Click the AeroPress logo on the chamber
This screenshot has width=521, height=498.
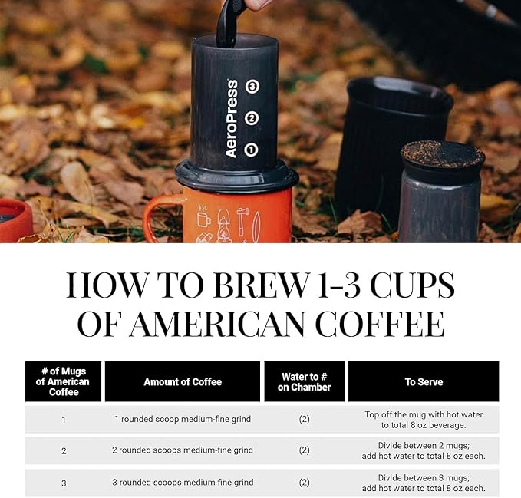pos(232,119)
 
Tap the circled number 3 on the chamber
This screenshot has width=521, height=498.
pos(252,87)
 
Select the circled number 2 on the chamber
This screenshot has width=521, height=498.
pos(252,119)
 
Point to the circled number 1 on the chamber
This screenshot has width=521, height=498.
pos(252,150)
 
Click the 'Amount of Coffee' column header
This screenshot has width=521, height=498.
pos(183,381)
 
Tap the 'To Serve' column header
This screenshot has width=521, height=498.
pos(424,381)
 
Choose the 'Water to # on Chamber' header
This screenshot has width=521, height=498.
pos(304,381)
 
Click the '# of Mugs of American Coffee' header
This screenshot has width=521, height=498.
pos(64,381)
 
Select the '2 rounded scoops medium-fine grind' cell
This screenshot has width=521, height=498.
pos(183,450)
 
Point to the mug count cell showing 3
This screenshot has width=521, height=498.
pos(64,483)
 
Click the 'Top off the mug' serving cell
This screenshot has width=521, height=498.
pos(424,419)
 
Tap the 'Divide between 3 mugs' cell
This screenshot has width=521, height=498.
pos(424,483)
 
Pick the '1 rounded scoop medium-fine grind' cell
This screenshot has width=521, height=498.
pos(183,419)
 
